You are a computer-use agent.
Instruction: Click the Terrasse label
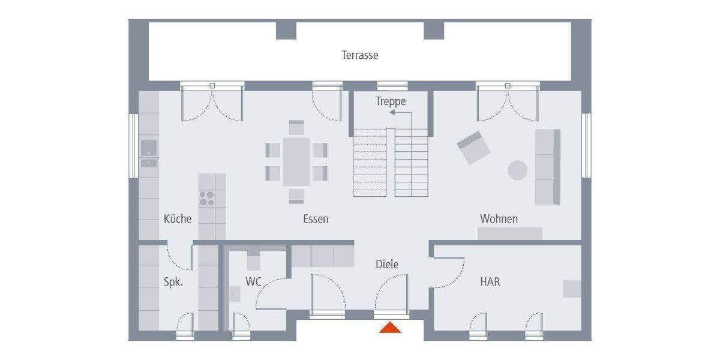tap(360, 55)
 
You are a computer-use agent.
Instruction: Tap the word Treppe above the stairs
tap(391, 101)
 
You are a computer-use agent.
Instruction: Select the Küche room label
tap(178, 218)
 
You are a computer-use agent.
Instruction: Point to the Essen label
tap(316, 219)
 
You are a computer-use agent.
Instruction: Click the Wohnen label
tap(499, 218)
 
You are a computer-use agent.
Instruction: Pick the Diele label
tap(387, 264)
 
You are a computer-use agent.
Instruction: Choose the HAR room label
tap(490, 281)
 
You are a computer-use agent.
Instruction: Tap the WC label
tap(254, 281)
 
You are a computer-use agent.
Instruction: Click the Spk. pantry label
tap(173, 281)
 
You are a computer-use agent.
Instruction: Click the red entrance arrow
tap(390, 328)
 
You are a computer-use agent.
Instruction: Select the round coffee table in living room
tap(518, 170)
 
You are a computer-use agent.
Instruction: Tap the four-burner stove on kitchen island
tap(208, 198)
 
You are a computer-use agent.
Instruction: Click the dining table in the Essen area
tap(296, 161)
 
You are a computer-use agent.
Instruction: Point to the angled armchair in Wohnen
tap(473, 148)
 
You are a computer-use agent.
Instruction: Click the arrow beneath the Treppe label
tap(397, 112)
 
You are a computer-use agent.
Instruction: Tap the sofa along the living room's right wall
tap(547, 166)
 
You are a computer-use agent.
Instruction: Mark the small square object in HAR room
tap(572, 289)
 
